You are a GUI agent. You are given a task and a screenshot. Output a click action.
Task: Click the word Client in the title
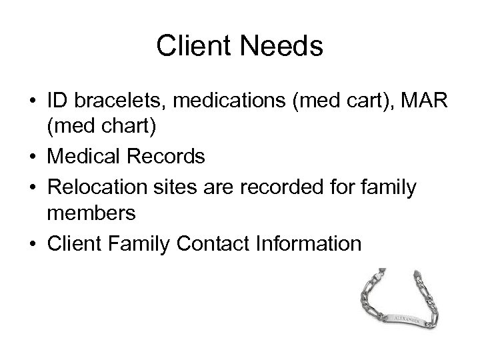point(192,47)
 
